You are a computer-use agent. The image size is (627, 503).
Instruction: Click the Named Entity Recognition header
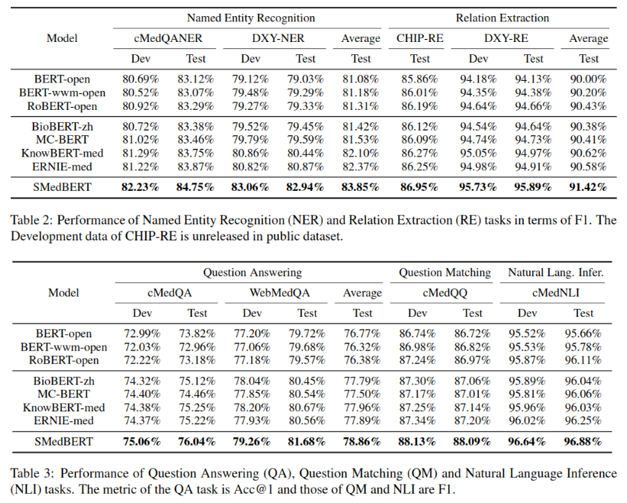pyautogui.click(x=251, y=18)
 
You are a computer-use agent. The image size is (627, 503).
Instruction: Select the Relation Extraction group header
pyautogui.click(x=502, y=18)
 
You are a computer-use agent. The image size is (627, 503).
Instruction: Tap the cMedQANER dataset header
pyautogui.click(x=168, y=38)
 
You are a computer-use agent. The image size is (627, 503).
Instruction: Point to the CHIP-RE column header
pyautogui.click(x=420, y=38)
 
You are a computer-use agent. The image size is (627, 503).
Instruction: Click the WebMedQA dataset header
pyautogui.click(x=279, y=293)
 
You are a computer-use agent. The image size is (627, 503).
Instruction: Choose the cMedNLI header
pyautogui.click(x=555, y=293)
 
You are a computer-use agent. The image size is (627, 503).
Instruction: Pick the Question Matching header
pyautogui.click(x=445, y=272)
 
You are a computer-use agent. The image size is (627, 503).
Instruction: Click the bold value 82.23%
pyautogui.click(x=140, y=187)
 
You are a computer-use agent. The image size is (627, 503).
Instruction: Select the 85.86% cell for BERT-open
pyautogui.click(x=420, y=79)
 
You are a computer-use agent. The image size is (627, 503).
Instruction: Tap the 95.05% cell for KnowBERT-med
pyautogui.click(x=477, y=153)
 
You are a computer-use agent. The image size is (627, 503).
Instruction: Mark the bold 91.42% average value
pyautogui.click(x=588, y=187)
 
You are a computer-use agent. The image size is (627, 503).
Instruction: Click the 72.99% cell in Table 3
pyautogui.click(x=142, y=334)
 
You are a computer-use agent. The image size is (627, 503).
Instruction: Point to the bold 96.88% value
pyautogui.click(x=583, y=442)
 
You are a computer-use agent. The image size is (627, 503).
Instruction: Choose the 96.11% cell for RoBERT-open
pyautogui.click(x=583, y=360)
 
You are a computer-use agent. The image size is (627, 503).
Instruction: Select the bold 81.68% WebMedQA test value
pyautogui.click(x=307, y=442)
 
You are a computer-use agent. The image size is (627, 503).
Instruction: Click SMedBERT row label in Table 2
pyautogui.click(x=62, y=187)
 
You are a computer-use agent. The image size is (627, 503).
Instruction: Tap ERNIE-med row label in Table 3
pyautogui.click(x=63, y=421)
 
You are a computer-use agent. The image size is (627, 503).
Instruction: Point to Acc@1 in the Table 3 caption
pyautogui.click(x=253, y=489)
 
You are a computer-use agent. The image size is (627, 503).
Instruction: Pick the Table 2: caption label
pyautogui.click(x=31, y=220)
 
